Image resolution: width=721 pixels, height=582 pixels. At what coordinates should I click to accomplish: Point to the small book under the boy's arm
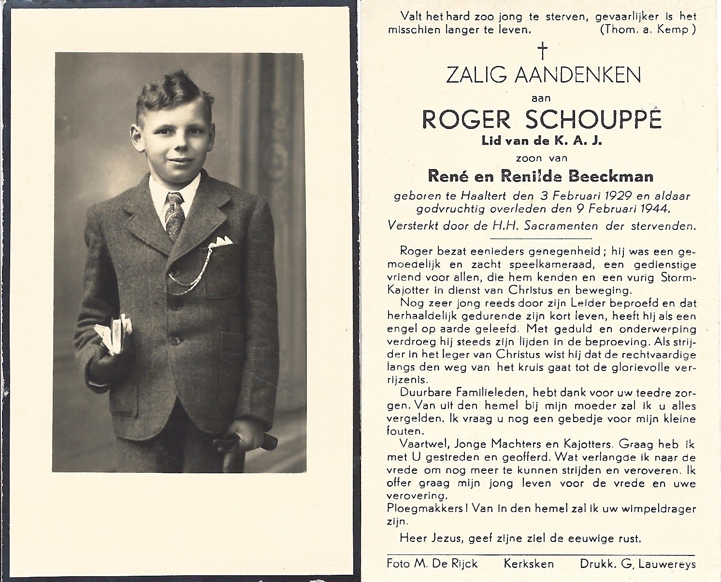point(114,333)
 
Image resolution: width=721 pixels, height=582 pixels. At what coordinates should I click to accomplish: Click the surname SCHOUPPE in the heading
point(593,120)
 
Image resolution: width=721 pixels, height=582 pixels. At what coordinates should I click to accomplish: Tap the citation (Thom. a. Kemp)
point(648,29)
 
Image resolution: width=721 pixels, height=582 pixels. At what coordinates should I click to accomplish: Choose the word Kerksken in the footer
point(529,564)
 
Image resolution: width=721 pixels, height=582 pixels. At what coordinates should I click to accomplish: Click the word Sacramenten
point(564,226)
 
